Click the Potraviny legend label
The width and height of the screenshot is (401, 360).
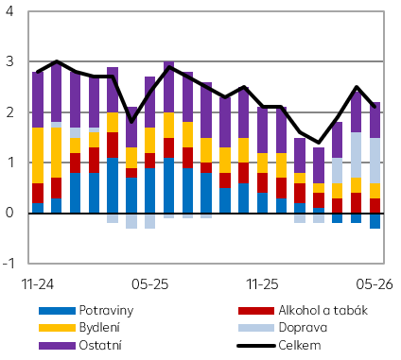[x=106, y=311]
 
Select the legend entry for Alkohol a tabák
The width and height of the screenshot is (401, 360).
[x=323, y=311]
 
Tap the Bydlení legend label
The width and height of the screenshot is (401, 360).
[x=99, y=328]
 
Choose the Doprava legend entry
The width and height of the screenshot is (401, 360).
[x=303, y=328]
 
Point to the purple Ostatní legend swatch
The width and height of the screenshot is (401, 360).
[x=57, y=346]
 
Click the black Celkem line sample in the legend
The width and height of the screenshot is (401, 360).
[x=256, y=346]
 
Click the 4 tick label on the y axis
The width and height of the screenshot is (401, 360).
[x=9, y=11]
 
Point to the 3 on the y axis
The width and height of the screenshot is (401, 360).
[x=9, y=61]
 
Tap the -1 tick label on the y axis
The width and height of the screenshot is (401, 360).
[x=9, y=264]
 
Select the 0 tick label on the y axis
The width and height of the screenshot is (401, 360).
[x=9, y=213]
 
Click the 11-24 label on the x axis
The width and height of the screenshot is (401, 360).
[x=38, y=284]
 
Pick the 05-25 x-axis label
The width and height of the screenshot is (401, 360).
[x=150, y=284]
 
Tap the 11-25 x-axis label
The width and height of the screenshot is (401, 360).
[x=263, y=284]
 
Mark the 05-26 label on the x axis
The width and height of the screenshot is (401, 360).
[x=375, y=284]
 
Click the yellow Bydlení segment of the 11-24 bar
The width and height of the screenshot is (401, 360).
[x=38, y=155]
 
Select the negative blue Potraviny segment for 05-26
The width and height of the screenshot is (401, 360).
[x=375, y=221]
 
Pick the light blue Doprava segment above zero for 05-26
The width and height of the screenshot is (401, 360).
[x=375, y=161]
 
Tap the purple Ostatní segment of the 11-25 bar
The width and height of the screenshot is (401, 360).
[x=263, y=130]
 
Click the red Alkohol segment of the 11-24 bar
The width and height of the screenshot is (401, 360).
[x=38, y=193]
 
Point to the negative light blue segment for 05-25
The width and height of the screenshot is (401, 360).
[x=150, y=221]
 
